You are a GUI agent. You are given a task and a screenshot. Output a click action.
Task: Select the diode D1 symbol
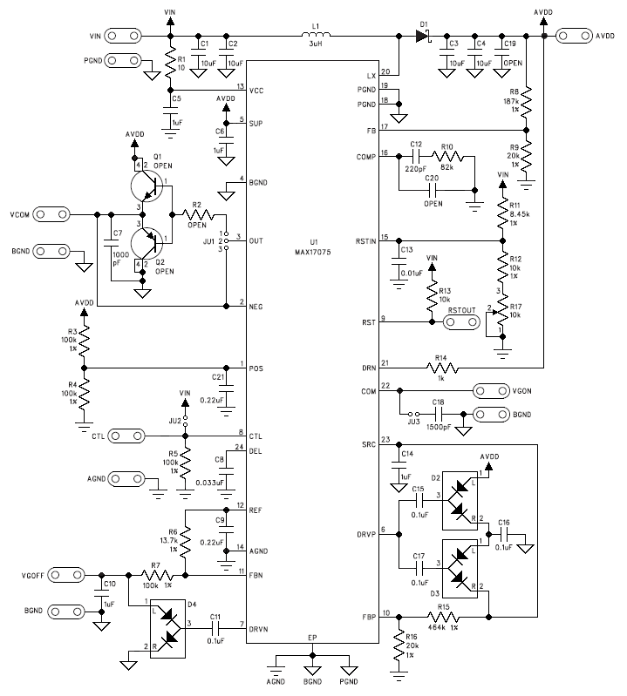click(424, 37)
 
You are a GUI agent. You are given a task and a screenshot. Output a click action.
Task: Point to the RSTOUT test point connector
click(462, 321)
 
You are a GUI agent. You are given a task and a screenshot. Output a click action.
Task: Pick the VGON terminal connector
click(490, 391)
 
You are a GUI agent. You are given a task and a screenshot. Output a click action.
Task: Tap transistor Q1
click(146, 185)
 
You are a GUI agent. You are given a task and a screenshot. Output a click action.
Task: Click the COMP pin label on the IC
click(366, 157)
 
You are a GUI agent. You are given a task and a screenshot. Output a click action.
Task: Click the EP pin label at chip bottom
click(312, 638)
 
